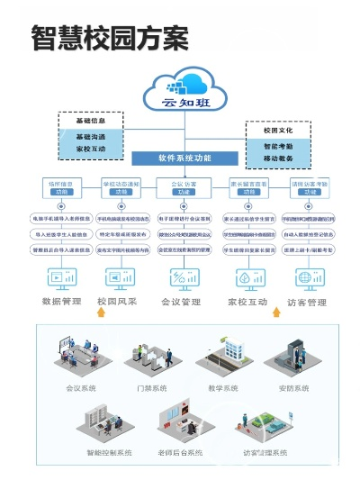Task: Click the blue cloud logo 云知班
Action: coord(184,94)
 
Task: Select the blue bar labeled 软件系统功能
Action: coord(184,158)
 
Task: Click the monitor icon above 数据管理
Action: coord(62,276)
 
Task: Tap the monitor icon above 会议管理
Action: coord(184,276)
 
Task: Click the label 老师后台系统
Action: coord(184,451)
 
